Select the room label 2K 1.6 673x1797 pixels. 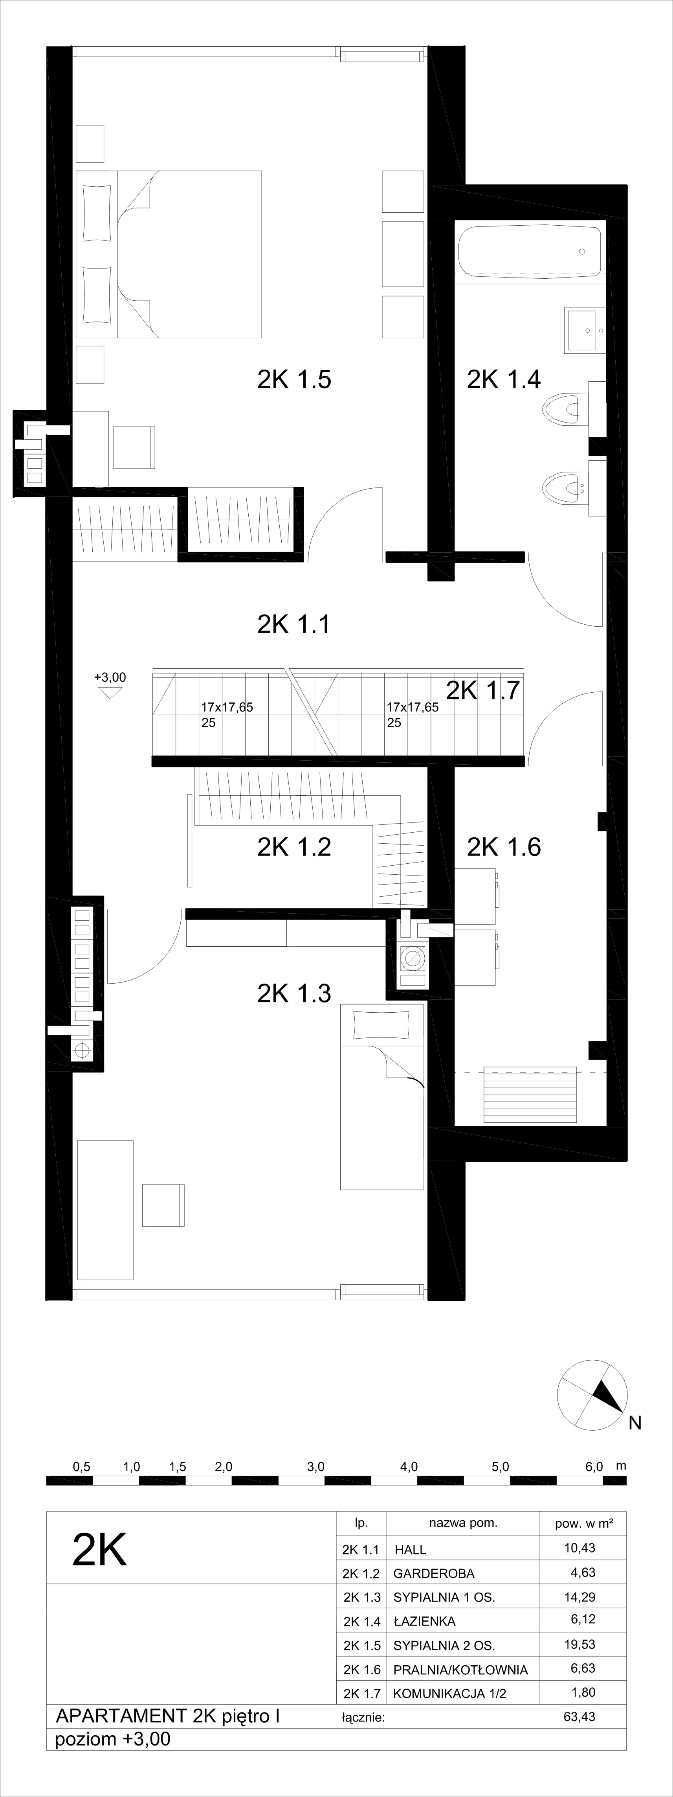(504, 847)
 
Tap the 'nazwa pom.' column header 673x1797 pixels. (463, 1523)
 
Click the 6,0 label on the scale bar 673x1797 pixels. (594, 1466)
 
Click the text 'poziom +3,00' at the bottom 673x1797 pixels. (112, 1739)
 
